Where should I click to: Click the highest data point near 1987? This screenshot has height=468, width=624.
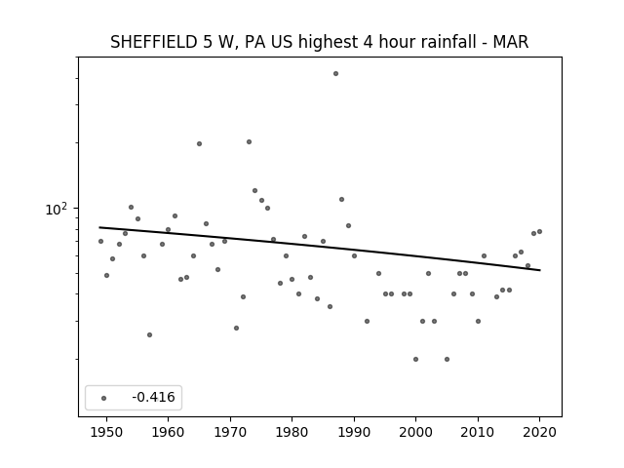click(335, 74)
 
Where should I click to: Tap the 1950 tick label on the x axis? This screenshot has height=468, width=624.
click(106, 432)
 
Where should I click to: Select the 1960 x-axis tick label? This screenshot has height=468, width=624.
click(168, 432)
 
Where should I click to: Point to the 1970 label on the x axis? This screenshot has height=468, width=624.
click(230, 432)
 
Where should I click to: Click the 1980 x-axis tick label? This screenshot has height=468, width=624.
click(292, 432)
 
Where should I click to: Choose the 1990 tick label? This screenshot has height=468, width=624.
click(354, 432)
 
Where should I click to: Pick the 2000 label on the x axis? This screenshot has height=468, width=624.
click(416, 432)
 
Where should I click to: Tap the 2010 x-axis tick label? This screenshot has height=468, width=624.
click(478, 432)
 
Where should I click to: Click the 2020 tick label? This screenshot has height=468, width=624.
click(539, 432)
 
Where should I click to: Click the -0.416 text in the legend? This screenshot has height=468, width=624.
click(154, 397)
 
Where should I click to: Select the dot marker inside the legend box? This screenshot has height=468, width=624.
click(104, 398)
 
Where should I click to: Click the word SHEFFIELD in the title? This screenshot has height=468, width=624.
click(153, 42)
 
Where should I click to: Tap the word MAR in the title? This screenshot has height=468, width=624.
click(511, 42)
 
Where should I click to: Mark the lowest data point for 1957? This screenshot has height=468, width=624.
click(149, 335)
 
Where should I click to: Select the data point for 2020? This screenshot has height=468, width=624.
click(539, 232)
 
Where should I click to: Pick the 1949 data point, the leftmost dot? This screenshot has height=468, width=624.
click(100, 241)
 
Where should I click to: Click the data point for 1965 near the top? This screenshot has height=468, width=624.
click(199, 143)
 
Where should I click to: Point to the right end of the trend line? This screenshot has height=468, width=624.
click(540, 270)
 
